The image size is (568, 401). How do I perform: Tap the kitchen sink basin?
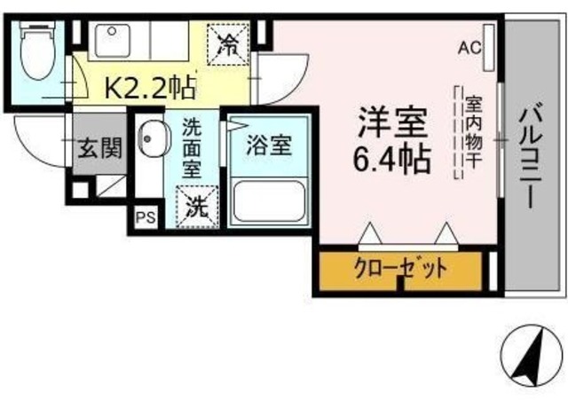[x=113, y=40]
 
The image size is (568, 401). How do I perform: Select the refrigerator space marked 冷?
[x=228, y=44]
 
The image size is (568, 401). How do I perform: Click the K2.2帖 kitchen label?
[x=150, y=87]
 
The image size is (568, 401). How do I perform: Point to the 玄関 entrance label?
[x=100, y=148]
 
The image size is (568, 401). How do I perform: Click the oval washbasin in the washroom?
[x=154, y=138]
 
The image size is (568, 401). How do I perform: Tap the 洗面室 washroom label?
[x=192, y=148]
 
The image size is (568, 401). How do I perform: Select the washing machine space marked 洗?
[x=197, y=207]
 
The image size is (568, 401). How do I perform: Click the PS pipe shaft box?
[x=146, y=217]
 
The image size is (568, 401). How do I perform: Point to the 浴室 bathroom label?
[x=269, y=145]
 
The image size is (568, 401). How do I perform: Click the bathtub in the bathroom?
[x=269, y=201]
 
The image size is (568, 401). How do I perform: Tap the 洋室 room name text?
[x=392, y=122]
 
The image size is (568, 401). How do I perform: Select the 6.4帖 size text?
[x=392, y=159]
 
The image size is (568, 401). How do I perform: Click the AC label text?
[x=469, y=47]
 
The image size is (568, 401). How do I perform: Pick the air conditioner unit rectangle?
[x=489, y=47]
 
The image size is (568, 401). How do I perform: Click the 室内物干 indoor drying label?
[x=473, y=132]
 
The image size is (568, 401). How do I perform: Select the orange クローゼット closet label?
[x=400, y=269]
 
